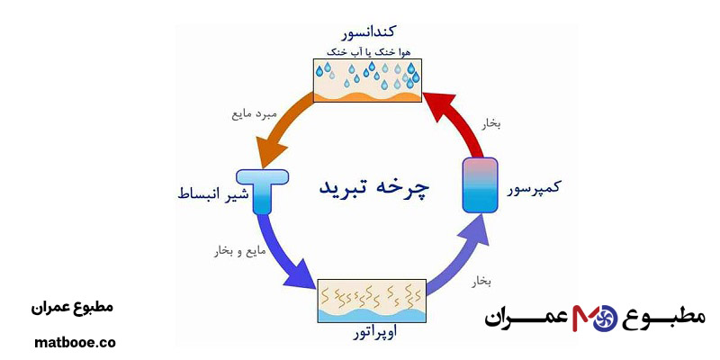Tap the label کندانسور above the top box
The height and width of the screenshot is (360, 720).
[x=366, y=32]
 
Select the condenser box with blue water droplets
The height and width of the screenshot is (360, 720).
[x=366, y=80]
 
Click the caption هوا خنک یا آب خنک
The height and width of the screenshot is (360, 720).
[x=366, y=52]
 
